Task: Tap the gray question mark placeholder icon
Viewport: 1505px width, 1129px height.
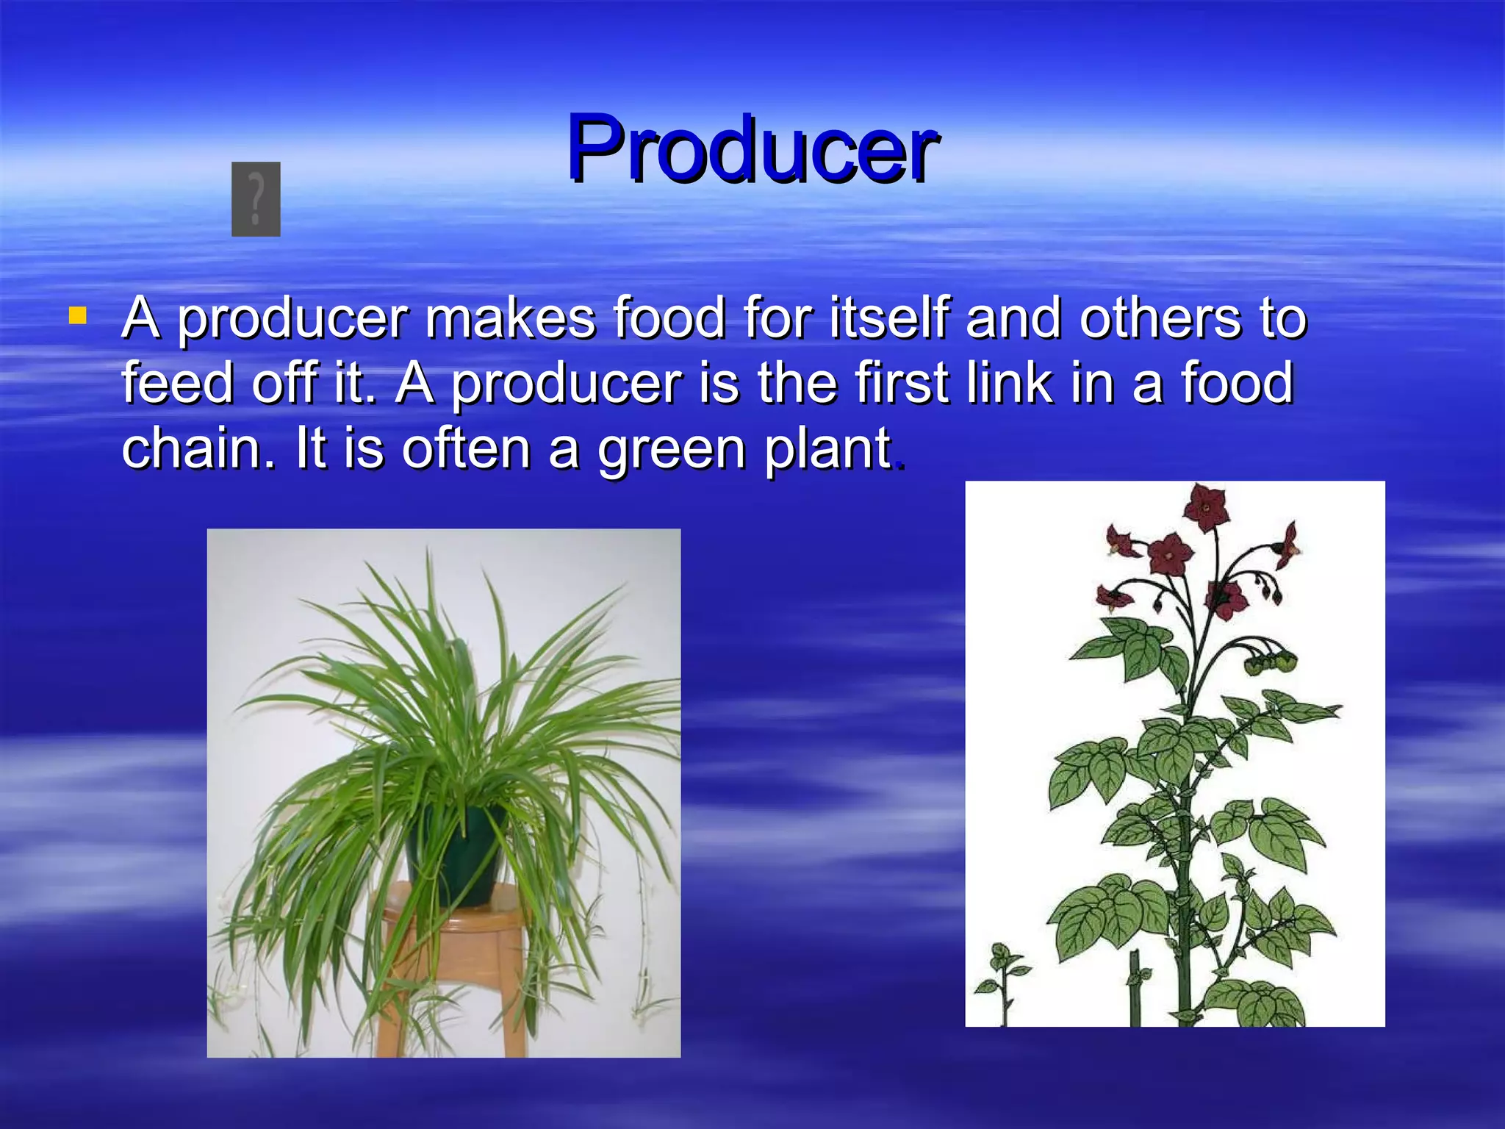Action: tap(256, 199)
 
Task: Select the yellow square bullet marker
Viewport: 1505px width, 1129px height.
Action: tap(77, 316)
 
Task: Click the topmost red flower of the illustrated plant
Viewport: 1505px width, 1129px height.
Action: tap(1205, 506)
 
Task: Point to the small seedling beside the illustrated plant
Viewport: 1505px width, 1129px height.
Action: tap(1001, 978)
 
